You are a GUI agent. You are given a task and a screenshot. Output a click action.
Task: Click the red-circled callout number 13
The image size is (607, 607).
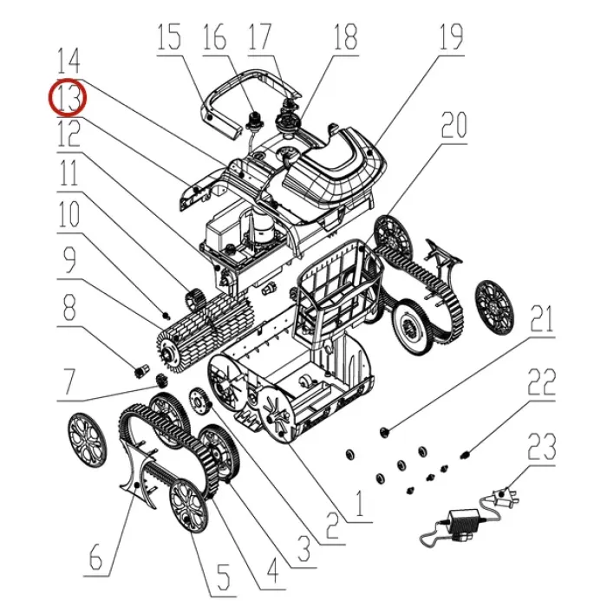pyautogui.click(x=68, y=97)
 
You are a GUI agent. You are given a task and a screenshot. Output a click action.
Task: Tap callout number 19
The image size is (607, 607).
pyautogui.click(x=451, y=36)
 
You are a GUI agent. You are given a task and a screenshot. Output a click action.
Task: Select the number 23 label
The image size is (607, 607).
pyautogui.click(x=541, y=447)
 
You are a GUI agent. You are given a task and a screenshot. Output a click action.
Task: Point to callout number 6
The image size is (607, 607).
pyautogui.click(x=95, y=557)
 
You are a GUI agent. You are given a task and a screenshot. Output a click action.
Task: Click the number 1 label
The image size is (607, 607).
pyautogui.click(x=360, y=503)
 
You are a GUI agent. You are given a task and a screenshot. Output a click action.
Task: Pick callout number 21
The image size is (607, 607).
pyautogui.click(x=541, y=319)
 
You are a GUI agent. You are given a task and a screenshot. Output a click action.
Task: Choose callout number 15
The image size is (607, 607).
pyautogui.click(x=169, y=36)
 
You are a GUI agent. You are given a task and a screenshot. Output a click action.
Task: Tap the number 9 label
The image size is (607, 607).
pyautogui.click(x=69, y=260)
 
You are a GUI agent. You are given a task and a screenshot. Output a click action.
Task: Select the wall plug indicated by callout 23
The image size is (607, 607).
pyautogui.click(x=503, y=496)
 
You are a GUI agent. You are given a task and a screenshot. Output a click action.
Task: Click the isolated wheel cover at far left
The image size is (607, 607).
pyautogui.click(x=87, y=440)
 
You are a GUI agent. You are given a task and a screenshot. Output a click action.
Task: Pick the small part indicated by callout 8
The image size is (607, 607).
pyautogui.click(x=140, y=371)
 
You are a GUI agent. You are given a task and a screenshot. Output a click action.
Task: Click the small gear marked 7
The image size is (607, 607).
pyautogui.click(x=162, y=381)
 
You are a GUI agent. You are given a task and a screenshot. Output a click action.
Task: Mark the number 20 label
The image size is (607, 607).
pyautogui.click(x=454, y=125)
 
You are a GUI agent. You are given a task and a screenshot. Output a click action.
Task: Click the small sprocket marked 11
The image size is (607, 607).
pyautogui.click(x=195, y=299)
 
